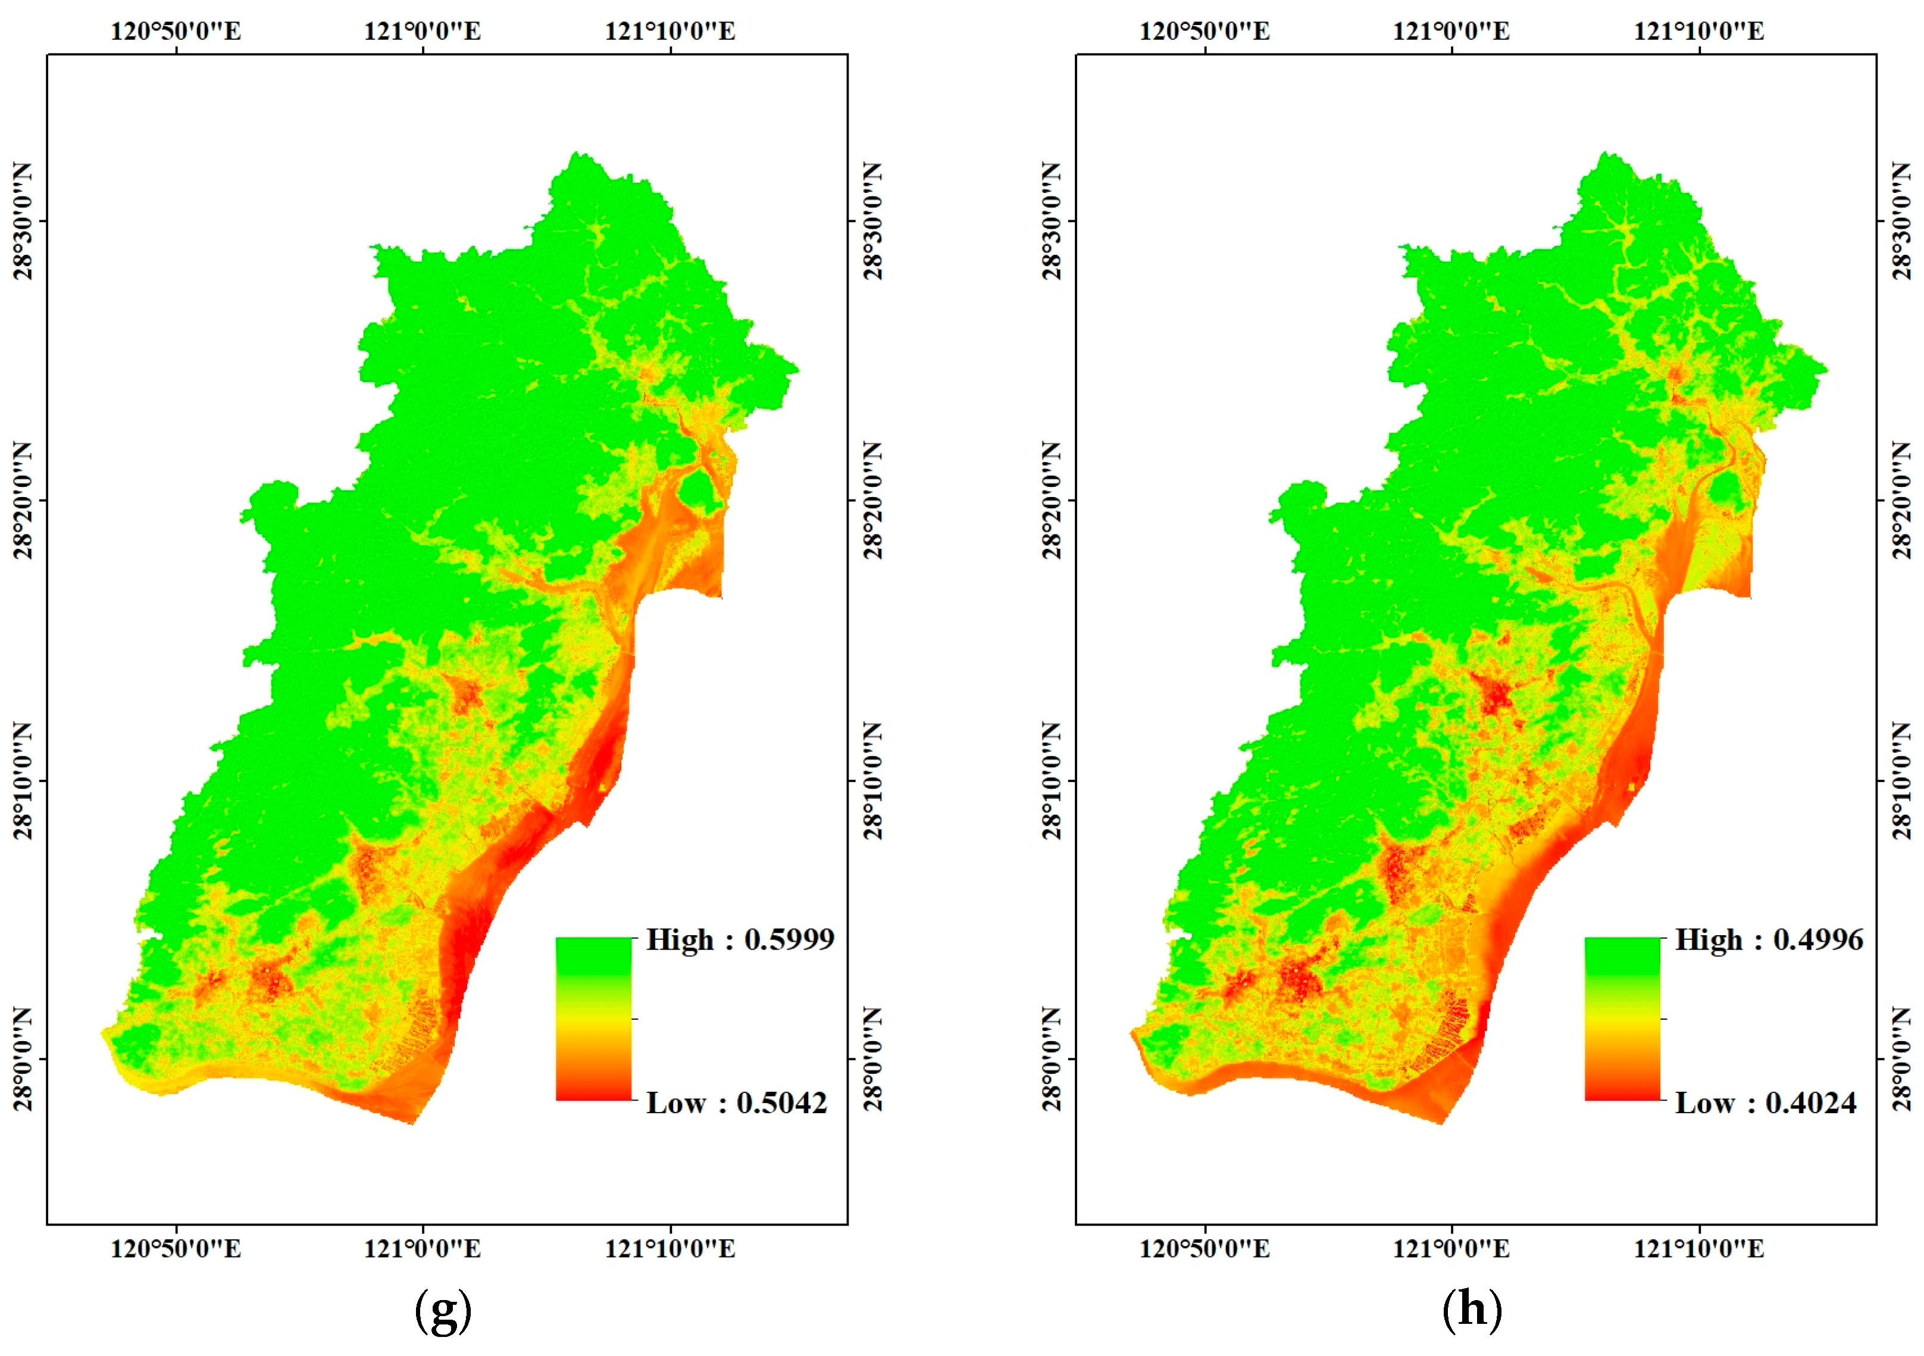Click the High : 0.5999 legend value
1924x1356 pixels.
(x=740, y=939)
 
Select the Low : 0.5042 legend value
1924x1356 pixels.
(x=737, y=1103)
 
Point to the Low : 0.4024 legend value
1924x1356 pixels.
(x=1766, y=1103)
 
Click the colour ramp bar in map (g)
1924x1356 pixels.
(x=593, y=1018)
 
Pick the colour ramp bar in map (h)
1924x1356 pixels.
(x=1622, y=1018)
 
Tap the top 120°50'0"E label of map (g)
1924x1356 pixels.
(x=176, y=31)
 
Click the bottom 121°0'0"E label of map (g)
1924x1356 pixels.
(x=423, y=1249)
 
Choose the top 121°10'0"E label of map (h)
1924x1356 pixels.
(x=1698, y=31)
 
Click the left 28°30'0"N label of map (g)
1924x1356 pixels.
(x=23, y=221)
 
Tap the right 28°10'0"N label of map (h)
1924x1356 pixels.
(x=1901, y=780)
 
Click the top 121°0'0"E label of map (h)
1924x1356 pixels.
(x=1451, y=31)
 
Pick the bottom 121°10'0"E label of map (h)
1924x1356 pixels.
(x=1698, y=1249)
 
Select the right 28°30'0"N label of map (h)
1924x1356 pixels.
(x=1901, y=221)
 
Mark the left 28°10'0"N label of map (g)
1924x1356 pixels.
(x=23, y=780)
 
